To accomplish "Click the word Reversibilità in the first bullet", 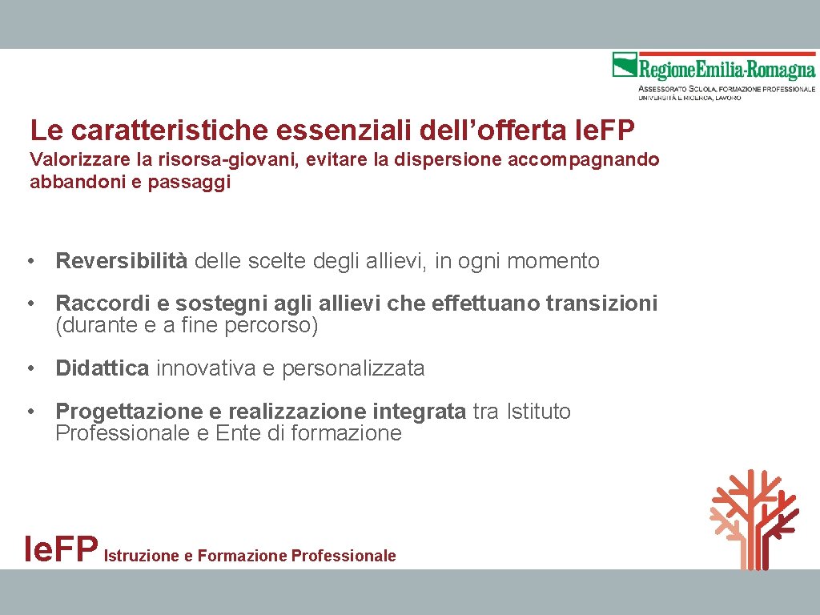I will point(121,261).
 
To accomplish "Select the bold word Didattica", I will point(102,368).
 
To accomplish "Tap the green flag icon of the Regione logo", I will point(624,64).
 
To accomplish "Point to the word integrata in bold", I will point(419,412).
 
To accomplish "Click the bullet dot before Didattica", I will point(30,369).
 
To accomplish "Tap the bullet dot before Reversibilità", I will point(30,262).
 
